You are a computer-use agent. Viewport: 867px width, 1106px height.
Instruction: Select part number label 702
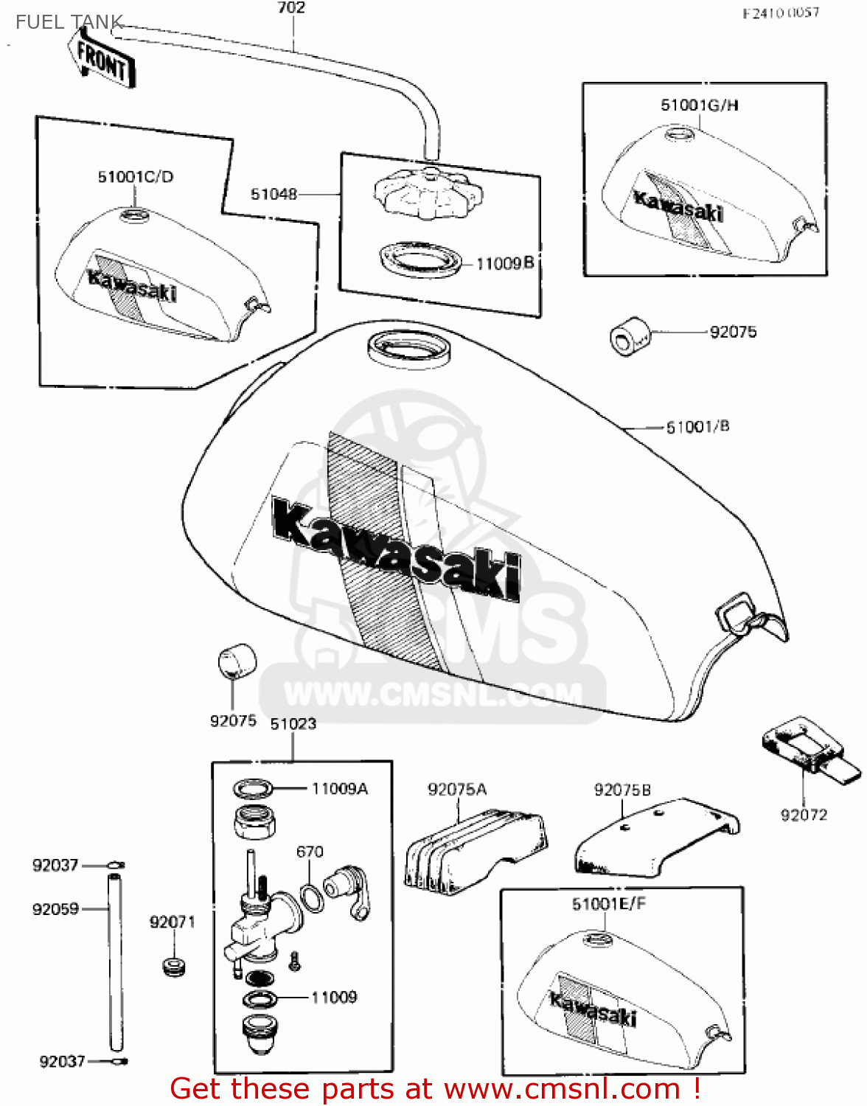click(x=291, y=8)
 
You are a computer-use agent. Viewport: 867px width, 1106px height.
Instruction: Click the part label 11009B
click(x=504, y=263)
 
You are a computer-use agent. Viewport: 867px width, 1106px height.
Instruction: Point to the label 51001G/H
click(x=699, y=105)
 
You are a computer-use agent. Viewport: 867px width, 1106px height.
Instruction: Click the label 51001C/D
click(x=136, y=177)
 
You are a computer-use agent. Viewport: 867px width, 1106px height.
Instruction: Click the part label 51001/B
click(x=697, y=427)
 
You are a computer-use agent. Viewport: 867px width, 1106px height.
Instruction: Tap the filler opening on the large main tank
click(x=408, y=346)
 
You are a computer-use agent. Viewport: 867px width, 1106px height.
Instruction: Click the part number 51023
click(x=293, y=724)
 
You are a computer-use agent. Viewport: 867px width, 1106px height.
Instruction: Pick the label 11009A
click(x=339, y=789)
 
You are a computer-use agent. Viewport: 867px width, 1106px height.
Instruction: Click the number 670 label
click(x=310, y=852)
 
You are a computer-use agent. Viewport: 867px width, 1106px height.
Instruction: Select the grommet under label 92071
click(x=174, y=966)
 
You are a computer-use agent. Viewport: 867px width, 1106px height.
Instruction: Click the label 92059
click(x=55, y=909)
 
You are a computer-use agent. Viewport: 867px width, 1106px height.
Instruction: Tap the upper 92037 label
click(x=55, y=865)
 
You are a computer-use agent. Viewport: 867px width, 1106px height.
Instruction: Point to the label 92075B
click(x=622, y=790)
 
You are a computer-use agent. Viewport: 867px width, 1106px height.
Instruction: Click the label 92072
click(x=804, y=815)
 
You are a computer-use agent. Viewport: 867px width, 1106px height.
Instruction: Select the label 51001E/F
click(x=609, y=904)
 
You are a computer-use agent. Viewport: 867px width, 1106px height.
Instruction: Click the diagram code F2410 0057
click(x=781, y=13)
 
